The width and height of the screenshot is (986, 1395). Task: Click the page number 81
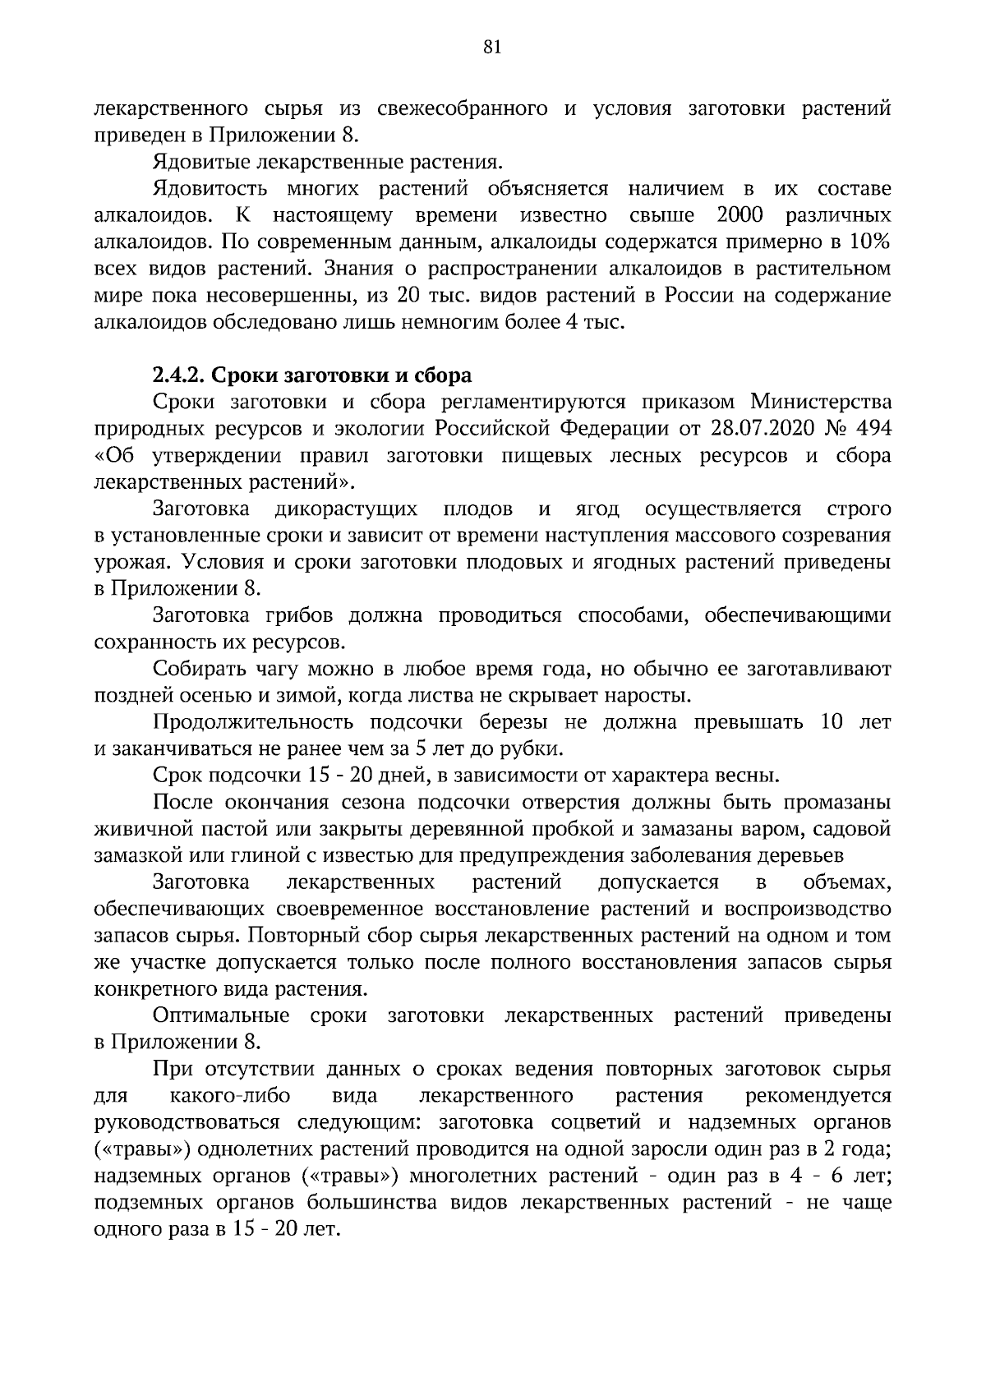click(492, 48)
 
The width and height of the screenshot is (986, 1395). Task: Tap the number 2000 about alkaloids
click(740, 216)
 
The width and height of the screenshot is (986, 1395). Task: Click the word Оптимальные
click(221, 1015)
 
